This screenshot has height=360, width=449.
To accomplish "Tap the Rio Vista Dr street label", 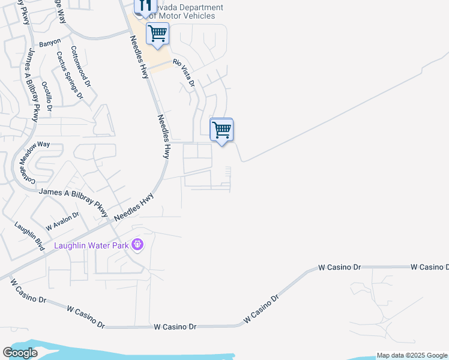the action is pos(185,72).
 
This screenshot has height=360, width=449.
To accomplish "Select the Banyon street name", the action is pos(50,43).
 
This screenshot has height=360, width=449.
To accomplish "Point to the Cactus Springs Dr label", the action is pos(69,74).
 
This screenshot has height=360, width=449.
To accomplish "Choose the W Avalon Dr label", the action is pos(62,221).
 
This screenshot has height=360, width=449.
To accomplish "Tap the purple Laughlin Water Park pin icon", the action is pos(137,245).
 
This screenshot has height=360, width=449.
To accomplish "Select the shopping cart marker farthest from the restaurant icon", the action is pos(222,129).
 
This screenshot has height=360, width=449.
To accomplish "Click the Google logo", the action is pos(20,353).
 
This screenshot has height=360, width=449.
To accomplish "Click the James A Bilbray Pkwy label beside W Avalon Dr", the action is pos(73,203).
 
